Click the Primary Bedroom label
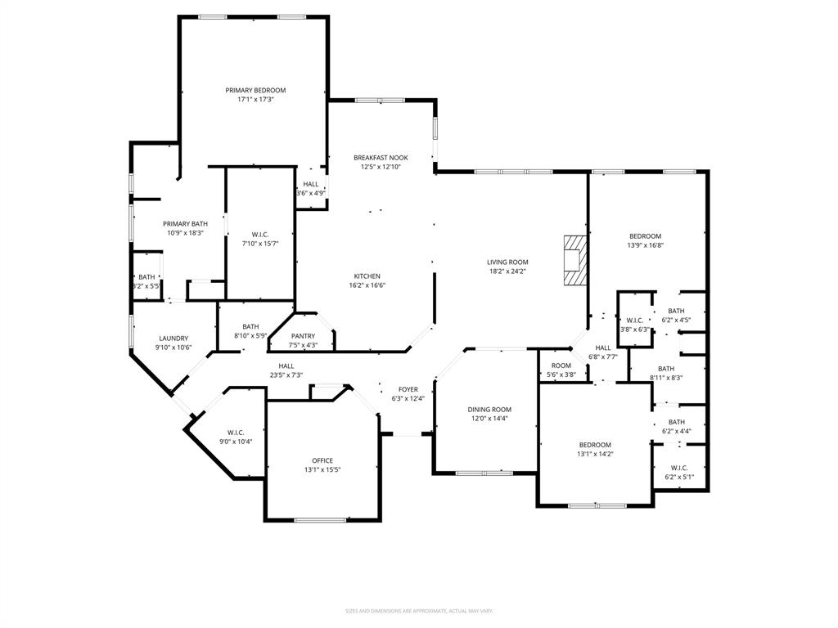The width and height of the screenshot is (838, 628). click(x=255, y=90)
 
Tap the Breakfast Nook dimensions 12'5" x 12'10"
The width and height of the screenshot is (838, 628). click(x=381, y=167)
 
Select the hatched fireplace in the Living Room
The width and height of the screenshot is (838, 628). click(x=575, y=260)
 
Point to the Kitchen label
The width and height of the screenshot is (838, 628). click(x=367, y=276)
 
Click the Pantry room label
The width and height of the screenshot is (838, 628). click(x=303, y=336)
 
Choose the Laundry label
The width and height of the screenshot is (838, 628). click(x=173, y=339)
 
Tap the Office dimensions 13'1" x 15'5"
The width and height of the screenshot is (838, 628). click(x=322, y=469)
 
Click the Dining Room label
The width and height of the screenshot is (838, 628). click(x=489, y=410)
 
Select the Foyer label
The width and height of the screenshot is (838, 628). click(x=408, y=389)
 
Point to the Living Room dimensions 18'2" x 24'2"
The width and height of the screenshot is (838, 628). click(x=507, y=271)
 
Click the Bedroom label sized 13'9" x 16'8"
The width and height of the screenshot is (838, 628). click(x=645, y=236)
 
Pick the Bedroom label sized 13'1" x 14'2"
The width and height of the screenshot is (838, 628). click(x=595, y=445)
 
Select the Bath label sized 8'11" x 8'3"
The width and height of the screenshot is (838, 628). click(x=666, y=369)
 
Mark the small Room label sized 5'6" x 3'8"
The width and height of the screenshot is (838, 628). click(x=561, y=366)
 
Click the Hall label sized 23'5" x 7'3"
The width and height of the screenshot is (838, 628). click(x=286, y=366)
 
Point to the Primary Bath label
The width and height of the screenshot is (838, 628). click(x=185, y=224)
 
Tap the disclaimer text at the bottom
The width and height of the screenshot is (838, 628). click(x=419, y=611)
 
